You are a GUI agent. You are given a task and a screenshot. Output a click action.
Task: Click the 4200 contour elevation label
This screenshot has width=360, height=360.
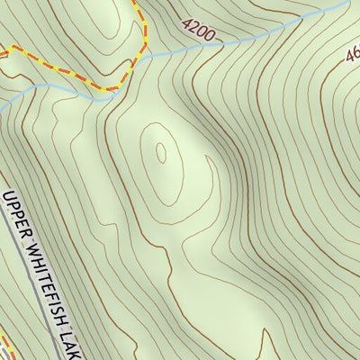[x=199, y=32]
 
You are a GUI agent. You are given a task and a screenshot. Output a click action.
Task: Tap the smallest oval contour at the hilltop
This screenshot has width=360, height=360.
[x=162, y=153]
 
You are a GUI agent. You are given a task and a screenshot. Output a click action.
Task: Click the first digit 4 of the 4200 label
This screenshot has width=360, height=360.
[x=185, y=26]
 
